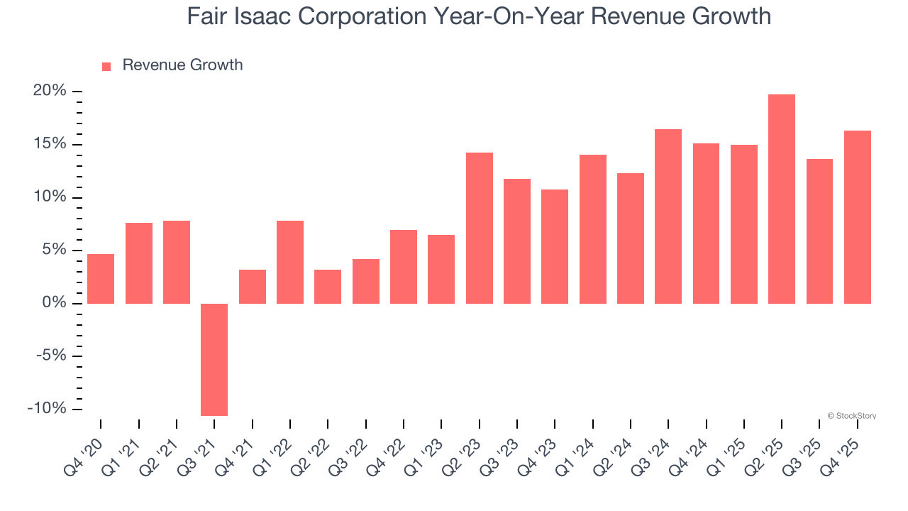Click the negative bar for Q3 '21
214,359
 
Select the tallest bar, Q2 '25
782,199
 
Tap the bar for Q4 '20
101,279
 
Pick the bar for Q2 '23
480,228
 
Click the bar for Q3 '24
668,216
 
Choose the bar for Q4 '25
858,217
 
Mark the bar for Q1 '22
290,262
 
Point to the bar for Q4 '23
555,246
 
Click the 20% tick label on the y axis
49,91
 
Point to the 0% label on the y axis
54,303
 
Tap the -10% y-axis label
47,409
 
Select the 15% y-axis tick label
49,144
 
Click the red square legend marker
106,66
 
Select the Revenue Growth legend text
182,65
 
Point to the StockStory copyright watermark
851,416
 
